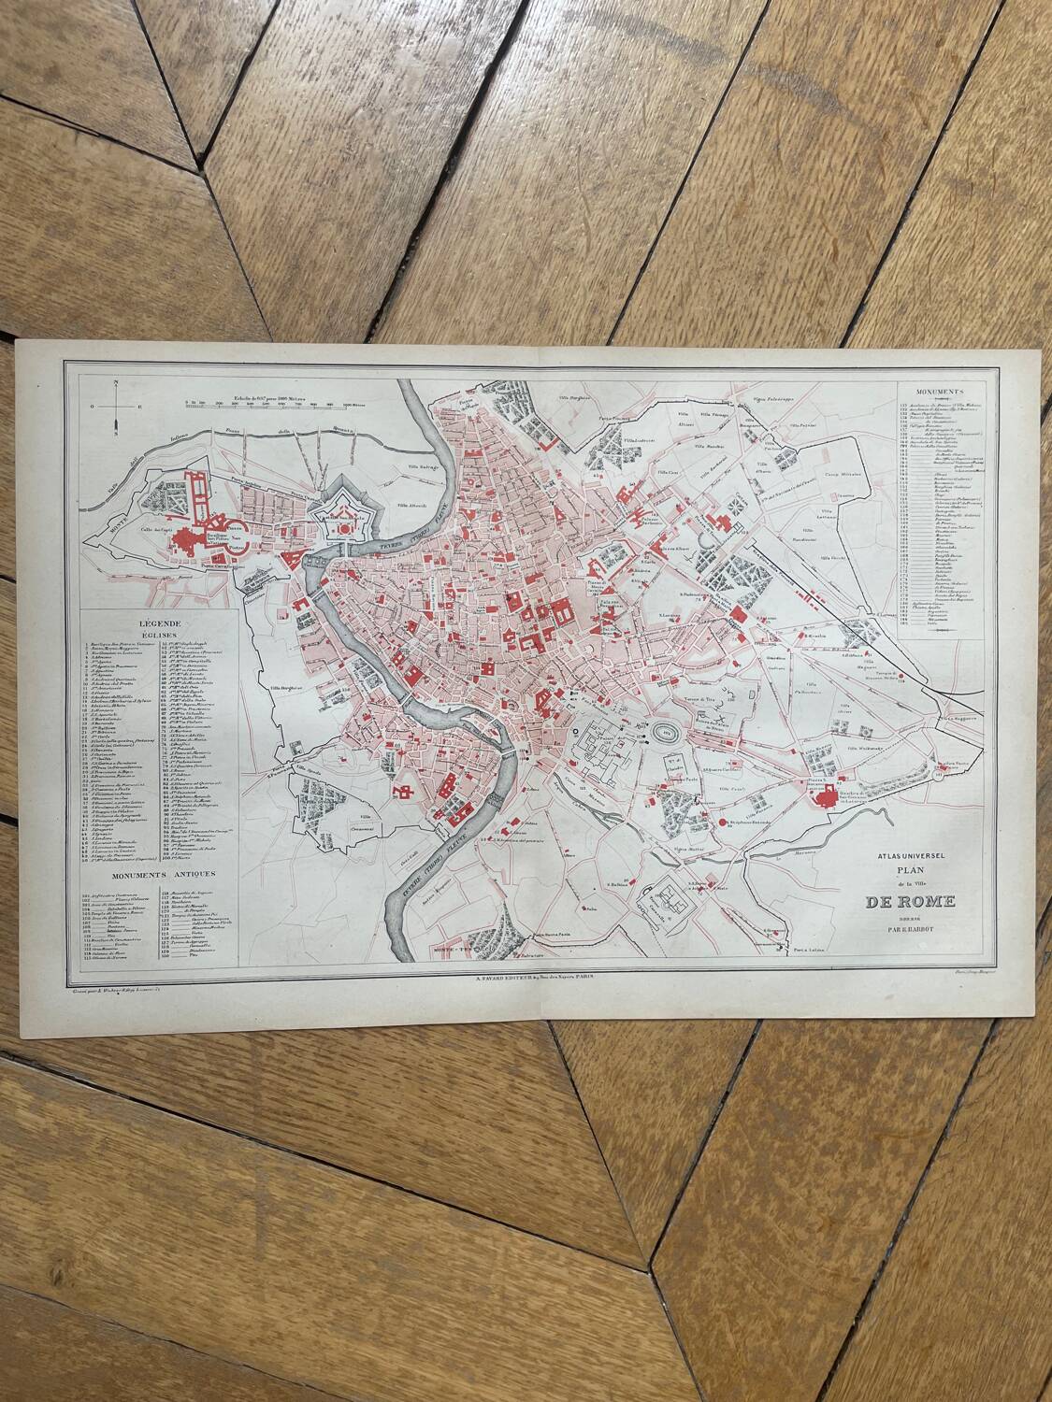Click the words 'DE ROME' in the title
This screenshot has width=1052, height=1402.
tap(910, 901)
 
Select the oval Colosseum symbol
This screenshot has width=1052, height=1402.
tap(666, 729)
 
